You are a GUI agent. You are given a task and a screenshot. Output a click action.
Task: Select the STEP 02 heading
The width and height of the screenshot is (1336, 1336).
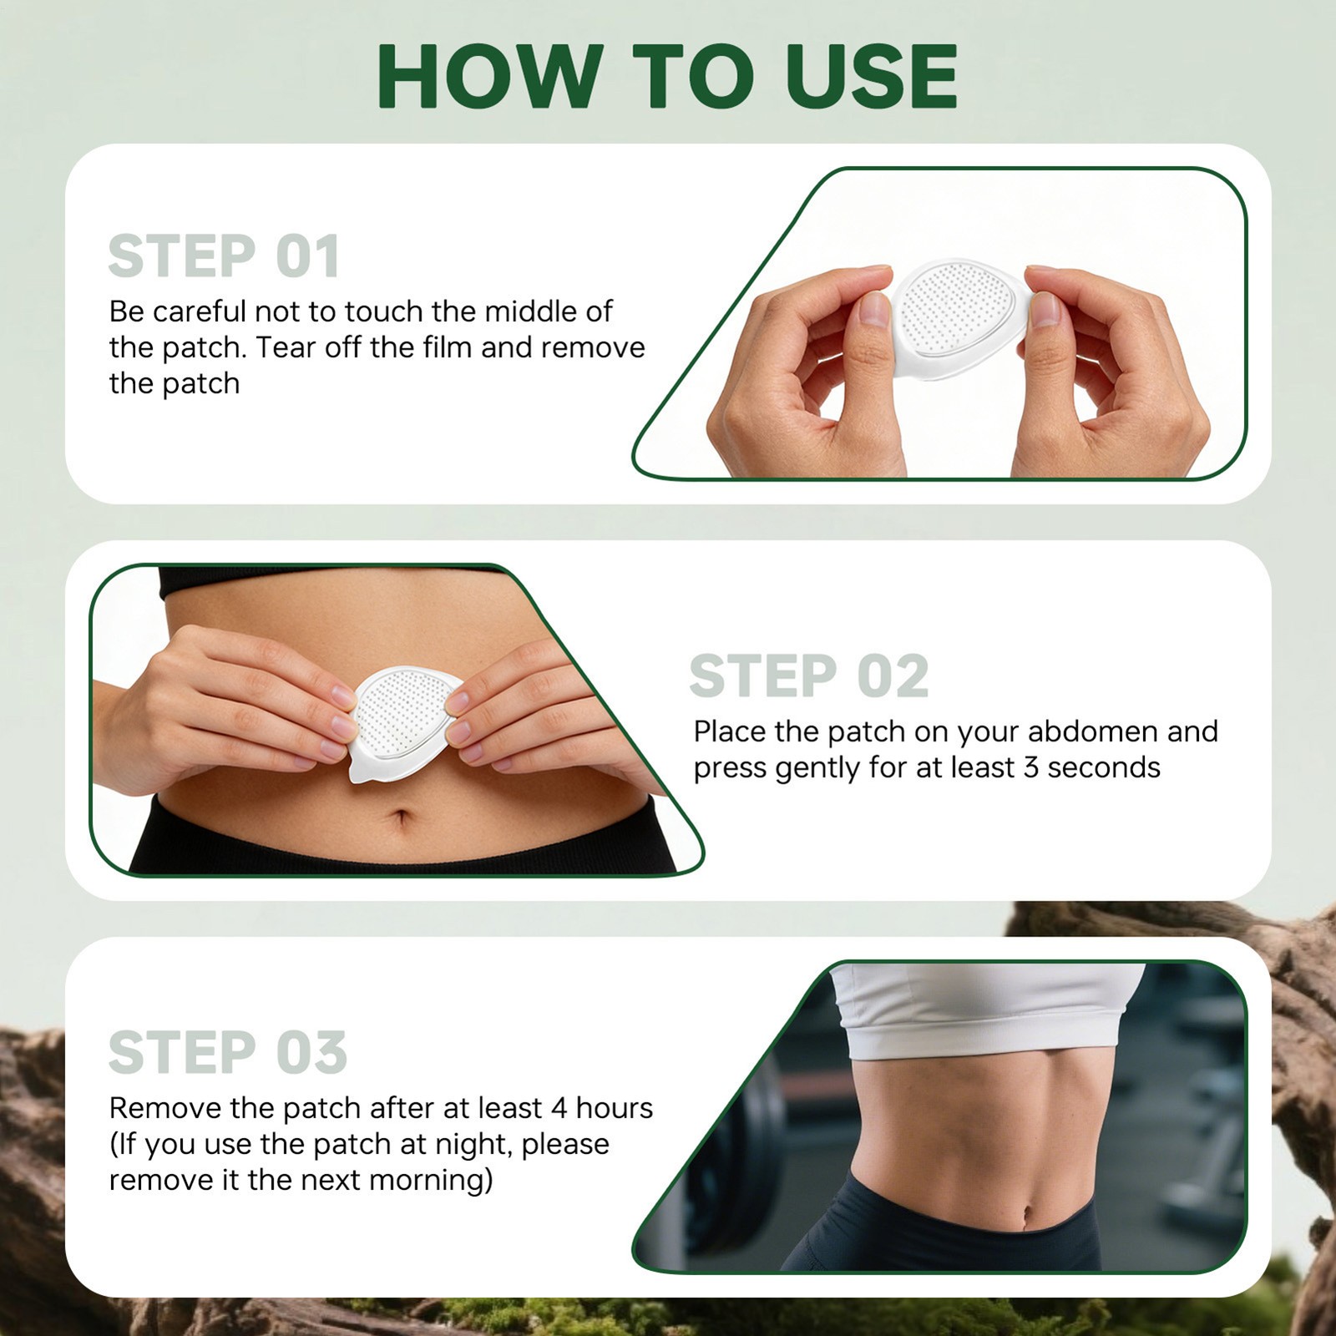coord(808,676)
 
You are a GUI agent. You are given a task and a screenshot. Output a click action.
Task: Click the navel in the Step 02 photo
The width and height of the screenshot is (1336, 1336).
coord(402,816)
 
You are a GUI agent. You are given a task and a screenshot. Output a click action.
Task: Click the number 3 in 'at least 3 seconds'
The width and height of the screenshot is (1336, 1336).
coord(1030,767)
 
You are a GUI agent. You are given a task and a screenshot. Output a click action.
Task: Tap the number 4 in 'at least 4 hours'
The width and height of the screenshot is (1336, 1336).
coord(558,1108)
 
